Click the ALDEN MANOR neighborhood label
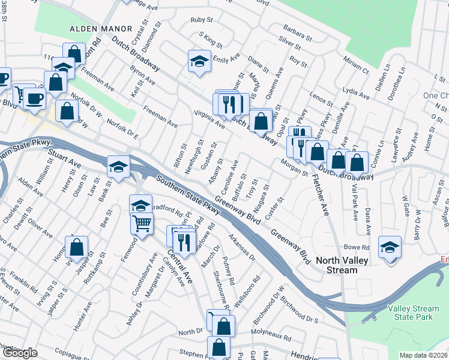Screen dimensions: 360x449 100,28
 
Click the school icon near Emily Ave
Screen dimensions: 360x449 199,61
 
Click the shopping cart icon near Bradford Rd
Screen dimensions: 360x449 142,223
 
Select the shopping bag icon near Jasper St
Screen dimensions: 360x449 77,246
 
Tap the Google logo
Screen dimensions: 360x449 19,353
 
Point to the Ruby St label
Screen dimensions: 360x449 198,20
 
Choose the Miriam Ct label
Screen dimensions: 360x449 356,62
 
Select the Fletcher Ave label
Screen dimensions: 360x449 325,203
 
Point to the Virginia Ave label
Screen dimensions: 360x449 209,117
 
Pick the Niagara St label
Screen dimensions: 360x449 261,197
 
